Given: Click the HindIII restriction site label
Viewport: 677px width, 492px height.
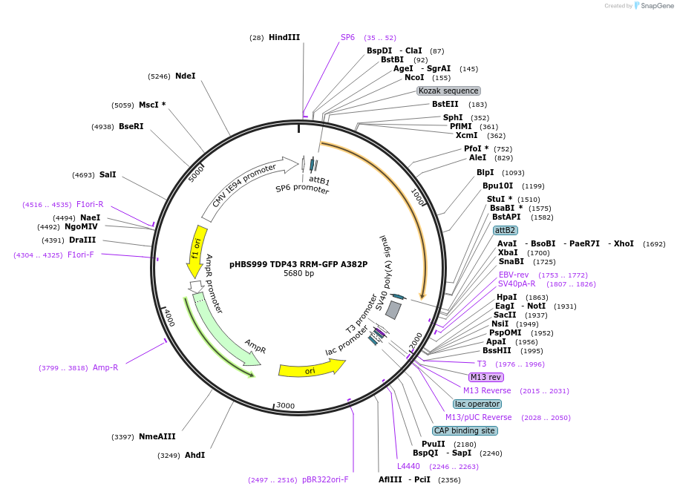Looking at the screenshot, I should [x=284, y=37].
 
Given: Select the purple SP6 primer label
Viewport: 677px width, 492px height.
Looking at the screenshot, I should [x=347, y=37].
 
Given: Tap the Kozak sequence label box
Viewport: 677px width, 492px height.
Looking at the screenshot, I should [x=448, y=91].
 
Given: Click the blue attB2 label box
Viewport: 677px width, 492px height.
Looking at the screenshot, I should [x=505, y=230].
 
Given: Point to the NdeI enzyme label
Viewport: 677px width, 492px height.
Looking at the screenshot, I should [x=185, y=76].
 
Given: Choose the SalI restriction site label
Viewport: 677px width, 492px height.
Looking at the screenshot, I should [x=108, y=175].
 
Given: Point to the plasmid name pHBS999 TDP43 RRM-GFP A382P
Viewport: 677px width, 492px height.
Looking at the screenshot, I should [x=298, y=264].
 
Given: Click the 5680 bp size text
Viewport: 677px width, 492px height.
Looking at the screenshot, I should [x=298, y=274].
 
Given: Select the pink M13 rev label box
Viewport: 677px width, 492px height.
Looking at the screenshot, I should [x=486, y=377].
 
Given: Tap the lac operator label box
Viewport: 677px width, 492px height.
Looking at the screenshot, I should [x=477, y=404].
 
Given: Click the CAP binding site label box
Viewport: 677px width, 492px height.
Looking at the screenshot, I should [x=464, y=430].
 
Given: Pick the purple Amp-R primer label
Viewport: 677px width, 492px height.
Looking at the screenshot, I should [x=105, y=367].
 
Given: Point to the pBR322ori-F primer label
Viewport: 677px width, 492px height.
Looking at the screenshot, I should [x=325, y=479].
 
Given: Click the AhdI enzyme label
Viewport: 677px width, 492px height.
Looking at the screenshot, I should [x=194, y=455].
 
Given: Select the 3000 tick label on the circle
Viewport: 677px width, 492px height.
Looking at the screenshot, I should [x=286, y=406].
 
